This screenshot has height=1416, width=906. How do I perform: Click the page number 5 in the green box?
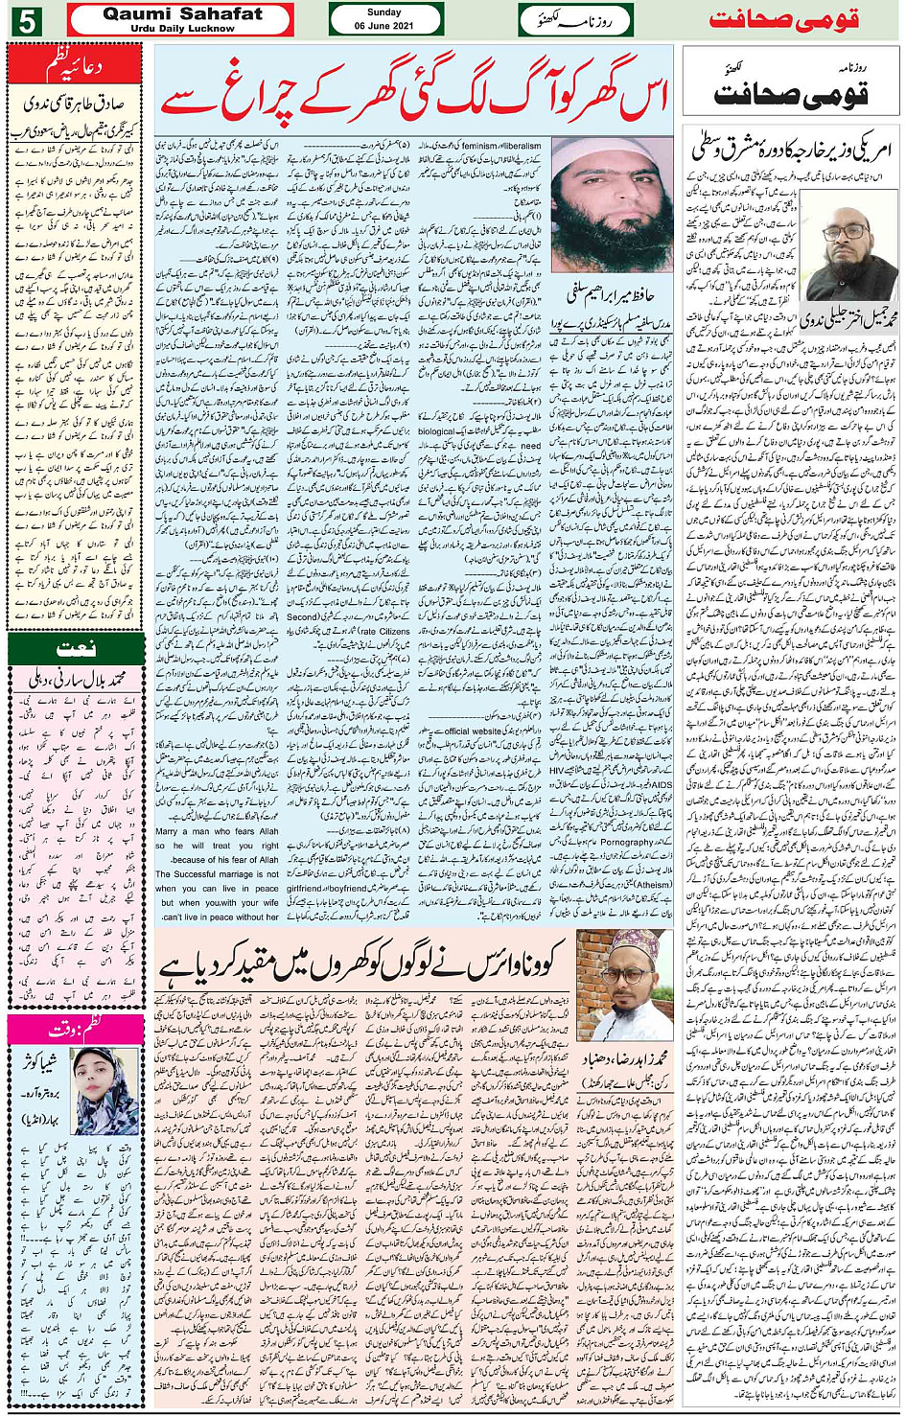pyautogui.click(x=25, y=19)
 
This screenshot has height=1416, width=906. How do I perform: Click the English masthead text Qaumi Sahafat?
pyautogui.click(x=182, y=13)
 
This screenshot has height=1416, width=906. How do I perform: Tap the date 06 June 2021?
pyautogui.click(x=383, y=26)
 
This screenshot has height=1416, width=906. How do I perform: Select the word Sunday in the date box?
pyautogui.click(x=383, y=12)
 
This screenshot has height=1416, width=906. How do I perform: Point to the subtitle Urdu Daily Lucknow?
pyautogui.click(x=182, y=29)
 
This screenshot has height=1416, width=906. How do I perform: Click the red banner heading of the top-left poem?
pyautogui.click(x=74, y=66)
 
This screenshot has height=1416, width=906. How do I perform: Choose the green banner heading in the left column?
pyautogui.click(x=75, y=649)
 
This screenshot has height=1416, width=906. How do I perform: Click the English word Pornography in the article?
pyautogui.click(x=626, y=843)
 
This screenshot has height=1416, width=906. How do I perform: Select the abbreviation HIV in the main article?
pyautogui.click(x=662, y=770)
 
